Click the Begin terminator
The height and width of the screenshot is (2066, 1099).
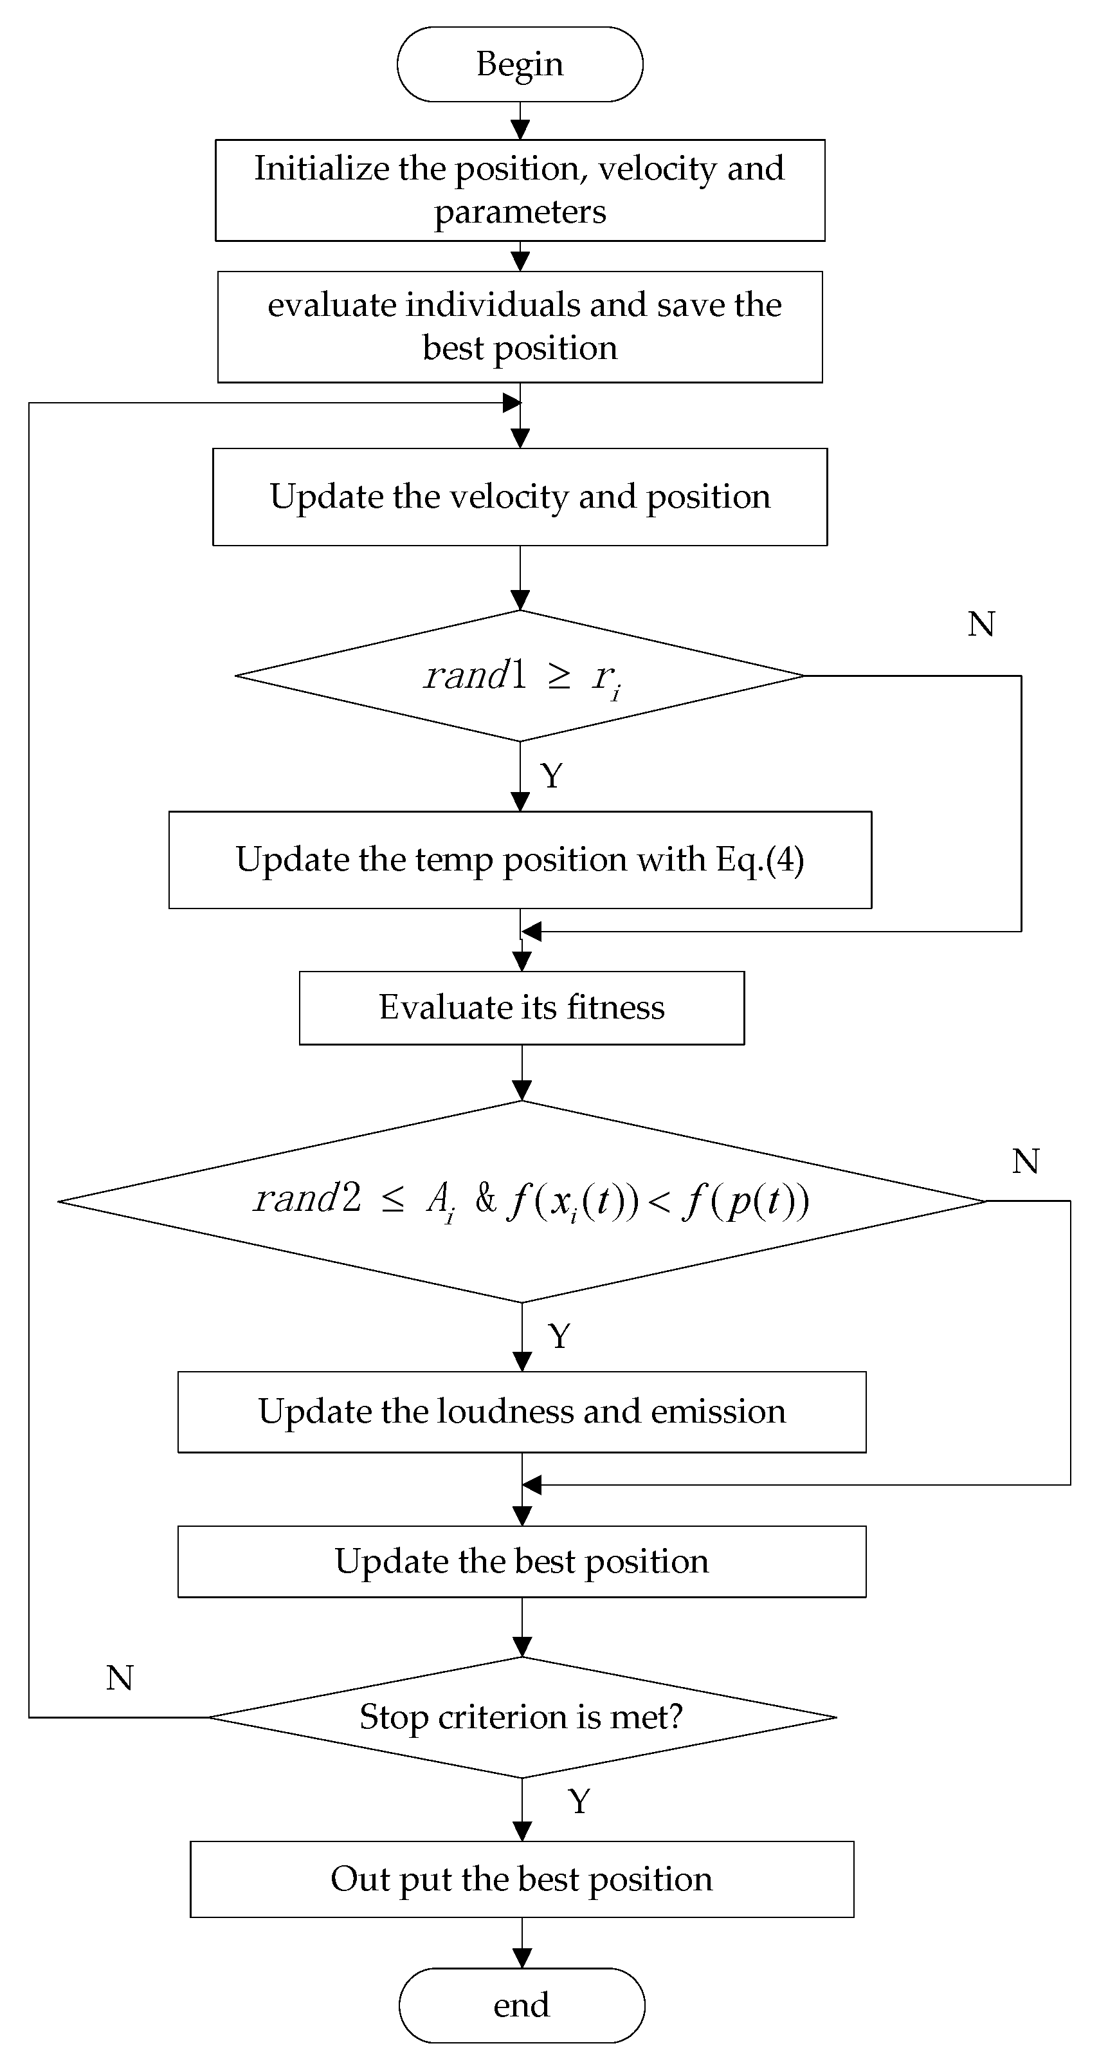(520, 64)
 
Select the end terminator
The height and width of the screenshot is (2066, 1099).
(521, 2005)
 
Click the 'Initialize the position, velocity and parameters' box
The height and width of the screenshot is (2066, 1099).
(520, 190)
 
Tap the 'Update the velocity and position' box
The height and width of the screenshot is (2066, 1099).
(520, 497)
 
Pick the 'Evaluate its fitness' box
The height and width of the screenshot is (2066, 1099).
(521, 1008)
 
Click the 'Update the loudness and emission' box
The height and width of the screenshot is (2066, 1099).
(521, 1412)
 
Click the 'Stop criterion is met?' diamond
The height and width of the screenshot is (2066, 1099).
(521, 1717)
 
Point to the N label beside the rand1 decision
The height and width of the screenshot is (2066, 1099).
(981, 624)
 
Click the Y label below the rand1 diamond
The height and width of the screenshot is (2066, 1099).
(552, 775)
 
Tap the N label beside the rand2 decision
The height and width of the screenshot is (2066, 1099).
(1025, 1161)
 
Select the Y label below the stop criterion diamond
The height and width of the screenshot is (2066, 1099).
(579, 1802)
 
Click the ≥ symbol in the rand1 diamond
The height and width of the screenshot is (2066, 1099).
(559, 676)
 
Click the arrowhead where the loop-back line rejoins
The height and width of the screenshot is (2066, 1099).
(511, 403)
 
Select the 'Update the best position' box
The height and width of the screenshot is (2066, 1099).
(521, 1562)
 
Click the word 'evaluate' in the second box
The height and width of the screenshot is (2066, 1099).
(331, 305)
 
